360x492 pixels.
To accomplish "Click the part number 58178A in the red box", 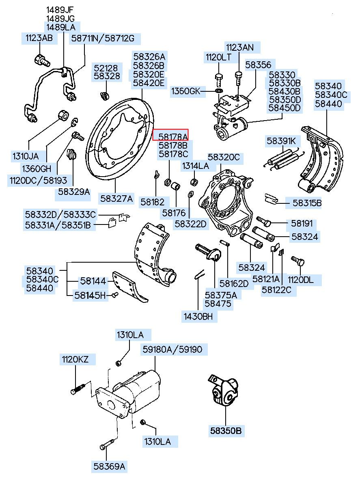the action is coord(173,137).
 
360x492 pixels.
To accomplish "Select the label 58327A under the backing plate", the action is coord(116,199).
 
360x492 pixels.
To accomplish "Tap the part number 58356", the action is coord(258,65).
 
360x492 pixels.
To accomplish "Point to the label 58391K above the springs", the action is coord(281,141).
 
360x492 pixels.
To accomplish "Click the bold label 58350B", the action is coord(226,430).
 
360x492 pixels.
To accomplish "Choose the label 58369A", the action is coord(109,466).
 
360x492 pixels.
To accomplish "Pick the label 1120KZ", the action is coord(75,359).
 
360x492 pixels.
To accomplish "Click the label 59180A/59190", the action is coord(172,349).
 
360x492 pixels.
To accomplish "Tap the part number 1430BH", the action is coord(198,317).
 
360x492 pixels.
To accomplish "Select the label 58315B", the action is coord(307,203).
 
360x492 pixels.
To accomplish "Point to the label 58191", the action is coord(302,223).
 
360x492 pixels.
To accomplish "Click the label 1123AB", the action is coord(39,38).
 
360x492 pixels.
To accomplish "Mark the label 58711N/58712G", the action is coord(103,39).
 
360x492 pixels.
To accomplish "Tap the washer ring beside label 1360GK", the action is coord(219,91).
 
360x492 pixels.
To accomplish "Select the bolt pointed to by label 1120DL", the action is coord(298,261).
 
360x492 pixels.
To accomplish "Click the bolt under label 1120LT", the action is coord(218,80).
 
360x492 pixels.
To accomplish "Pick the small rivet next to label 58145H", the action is coord(115,295).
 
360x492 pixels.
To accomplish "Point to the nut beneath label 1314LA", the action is coord(194,182).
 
